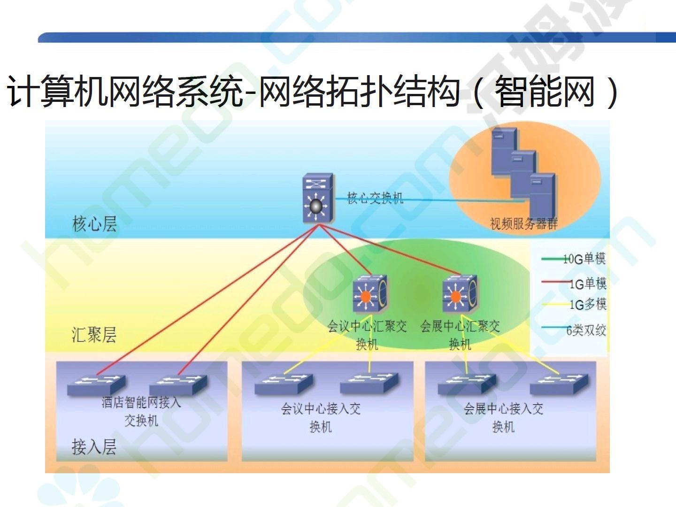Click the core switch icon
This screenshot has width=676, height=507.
318,198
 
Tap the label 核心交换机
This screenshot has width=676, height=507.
375,198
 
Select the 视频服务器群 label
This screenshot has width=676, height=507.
524,223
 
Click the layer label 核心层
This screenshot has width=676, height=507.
94,224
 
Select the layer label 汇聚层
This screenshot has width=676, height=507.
94,335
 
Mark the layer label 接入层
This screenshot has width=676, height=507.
94,446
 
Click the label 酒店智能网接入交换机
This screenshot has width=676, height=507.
141,412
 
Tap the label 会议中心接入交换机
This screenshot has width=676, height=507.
321,418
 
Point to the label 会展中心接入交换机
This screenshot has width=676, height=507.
503,418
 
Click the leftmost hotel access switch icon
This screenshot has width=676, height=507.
96,385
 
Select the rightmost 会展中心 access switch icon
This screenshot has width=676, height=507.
559,384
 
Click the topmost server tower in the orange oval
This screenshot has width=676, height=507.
504,151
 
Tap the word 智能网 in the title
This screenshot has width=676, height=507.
545,92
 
